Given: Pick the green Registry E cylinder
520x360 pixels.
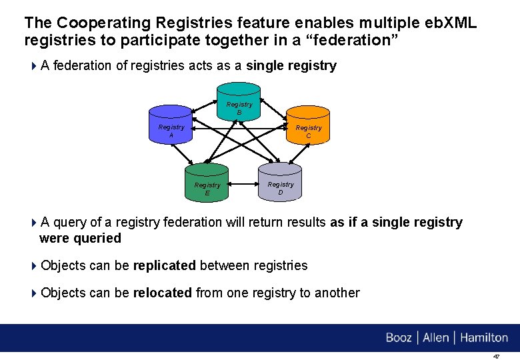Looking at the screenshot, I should (x=207, y=182).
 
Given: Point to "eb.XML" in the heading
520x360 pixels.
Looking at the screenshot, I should (x=451, y=23).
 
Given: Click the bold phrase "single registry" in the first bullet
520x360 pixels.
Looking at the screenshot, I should (x=291, y=66).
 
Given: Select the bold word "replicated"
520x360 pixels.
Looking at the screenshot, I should (x=165, y=266).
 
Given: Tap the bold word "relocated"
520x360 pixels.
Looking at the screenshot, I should (x=163, y=293).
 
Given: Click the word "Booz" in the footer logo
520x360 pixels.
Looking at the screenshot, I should (x=399, y=338).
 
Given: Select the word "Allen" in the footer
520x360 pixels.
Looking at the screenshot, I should (x=435, y=338).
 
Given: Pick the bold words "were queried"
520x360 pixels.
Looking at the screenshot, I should (x=81, y=239).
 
